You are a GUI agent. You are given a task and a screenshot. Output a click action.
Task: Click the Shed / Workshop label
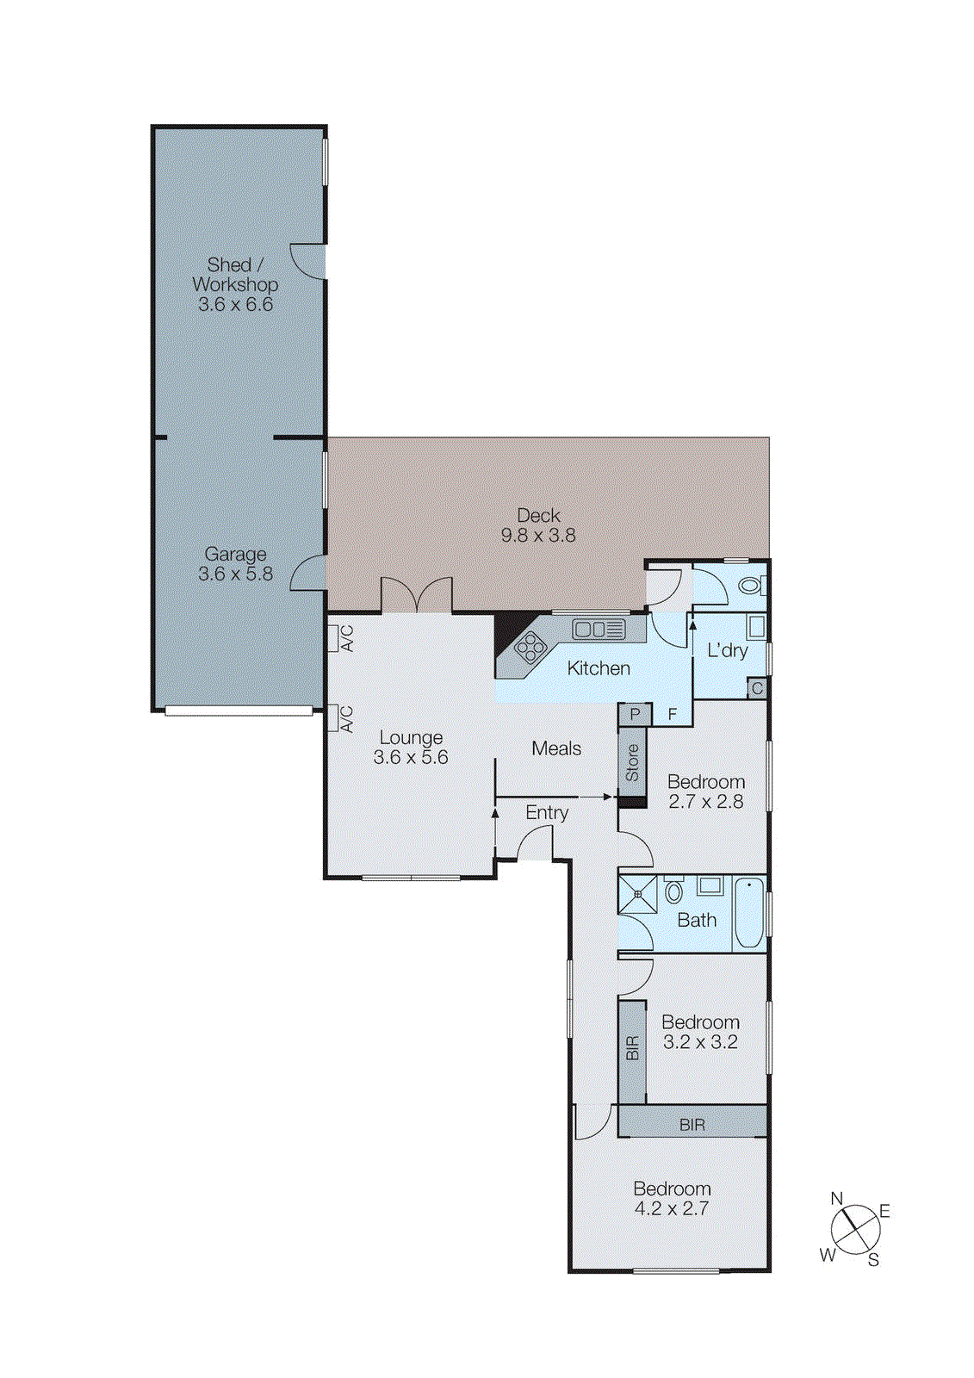pyautogui.click(x=234, y=275)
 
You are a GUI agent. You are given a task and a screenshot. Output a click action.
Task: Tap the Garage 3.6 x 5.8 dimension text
pyautogui.click(x=235, y=574)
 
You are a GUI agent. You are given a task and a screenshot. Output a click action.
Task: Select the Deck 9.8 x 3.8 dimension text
pyautogui.click(x=538, y=536)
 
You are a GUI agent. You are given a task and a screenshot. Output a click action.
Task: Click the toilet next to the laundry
pyautogui.click(x=749, y=587)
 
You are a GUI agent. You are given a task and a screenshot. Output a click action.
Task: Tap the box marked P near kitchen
pyautogui.click(x=635, y=714)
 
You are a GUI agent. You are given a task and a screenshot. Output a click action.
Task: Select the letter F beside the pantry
pyautogui.click(x=673, y=715)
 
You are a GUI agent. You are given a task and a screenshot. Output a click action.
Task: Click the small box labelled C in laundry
pyautogui.click(x=757, y=688)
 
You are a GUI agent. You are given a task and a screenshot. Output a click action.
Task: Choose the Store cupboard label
pyautogui.click(x=632, y=762)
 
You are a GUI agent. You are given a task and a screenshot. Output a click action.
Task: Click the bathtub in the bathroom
pyautogui.click(x=749, y=913)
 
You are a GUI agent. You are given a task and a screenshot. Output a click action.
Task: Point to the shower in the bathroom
pyautogui.click(x=638, y=894)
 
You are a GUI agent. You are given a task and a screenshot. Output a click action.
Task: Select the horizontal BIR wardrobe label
pyautogui.click(x=692, y=1125)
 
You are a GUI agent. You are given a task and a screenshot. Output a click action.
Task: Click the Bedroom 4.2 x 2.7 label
pyautogui.click(x=672, y=1198)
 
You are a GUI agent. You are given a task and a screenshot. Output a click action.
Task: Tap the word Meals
pyautogui.click(x=556, y=748)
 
